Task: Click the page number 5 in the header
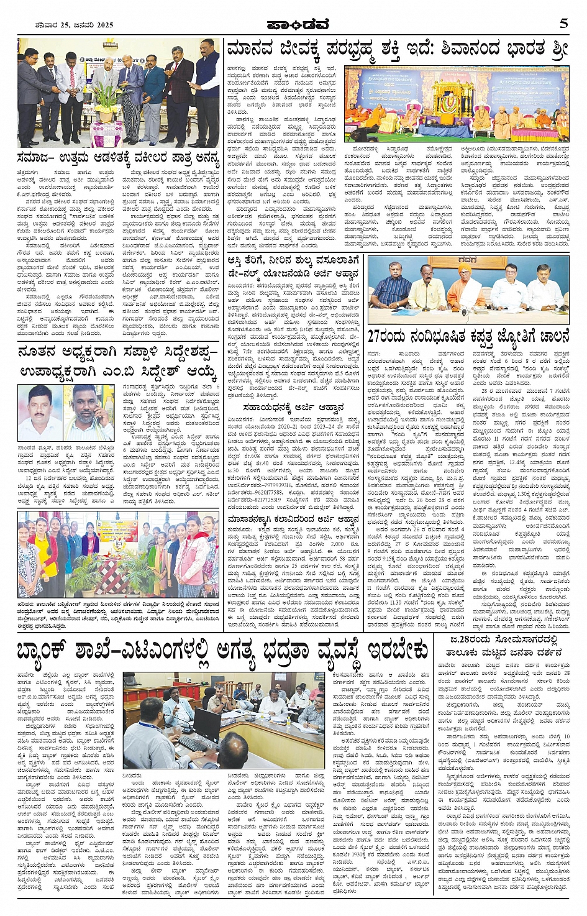[x=563, y=24]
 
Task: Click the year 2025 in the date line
[x=102, y=25]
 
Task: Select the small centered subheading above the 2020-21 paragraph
[x=294, y=407]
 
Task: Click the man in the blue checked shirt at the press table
[x=391, y=288]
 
